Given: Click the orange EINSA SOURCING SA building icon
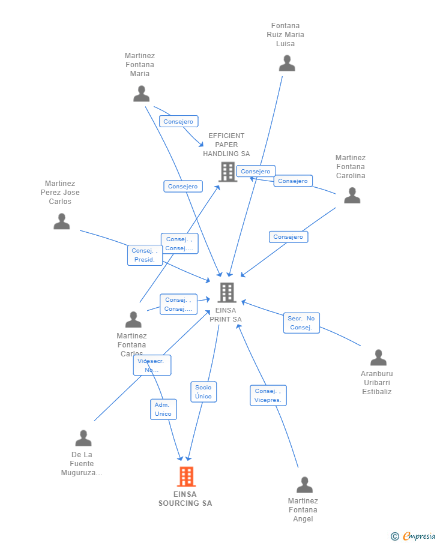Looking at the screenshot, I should pyautogui.click(x=187, y=476).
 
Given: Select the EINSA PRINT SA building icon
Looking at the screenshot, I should pyautogui.click(x=227, y=293).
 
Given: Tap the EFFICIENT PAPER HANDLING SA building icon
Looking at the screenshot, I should pyautogui.click(x=228, y=172).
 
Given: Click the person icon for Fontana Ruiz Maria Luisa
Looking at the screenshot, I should pyautogui.click(x=287, y=63).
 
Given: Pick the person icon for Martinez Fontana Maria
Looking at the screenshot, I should pyautogui.click(x=141, y=94).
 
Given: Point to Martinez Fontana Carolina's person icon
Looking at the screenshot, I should pyautogui.click(x=352, y=195).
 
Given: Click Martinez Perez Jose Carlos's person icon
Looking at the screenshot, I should pyautogui.click(x=62, y=221).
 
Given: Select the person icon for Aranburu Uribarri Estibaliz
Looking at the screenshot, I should pyautogui.click(x=378, y=358).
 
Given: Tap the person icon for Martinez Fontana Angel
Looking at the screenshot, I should pyautogui.click(x=304, y=485).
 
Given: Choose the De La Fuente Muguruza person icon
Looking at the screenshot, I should pyautogui.click(x=83, y=438).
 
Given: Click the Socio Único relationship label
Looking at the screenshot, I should pyautogui.click(x=203, y=392).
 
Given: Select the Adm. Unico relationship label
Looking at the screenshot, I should pyautogui.click(x=163, y=409).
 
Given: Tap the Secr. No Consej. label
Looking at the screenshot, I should pyautogui.click(x=301, y=323).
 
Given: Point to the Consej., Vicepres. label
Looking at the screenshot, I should pyautogui.click(x=268, y=395).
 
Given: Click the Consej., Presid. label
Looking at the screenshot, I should pyautogui.click(x=145, y=255).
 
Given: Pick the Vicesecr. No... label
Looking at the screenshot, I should pyautogui.click(x=152, y=365).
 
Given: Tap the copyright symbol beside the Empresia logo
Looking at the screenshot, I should pyautogui.click(x=395, y=536).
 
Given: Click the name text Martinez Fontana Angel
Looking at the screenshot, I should pyautogui.click(x=303, y=510).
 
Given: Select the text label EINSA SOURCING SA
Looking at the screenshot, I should pyautogui.click(x=185, y=499).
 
